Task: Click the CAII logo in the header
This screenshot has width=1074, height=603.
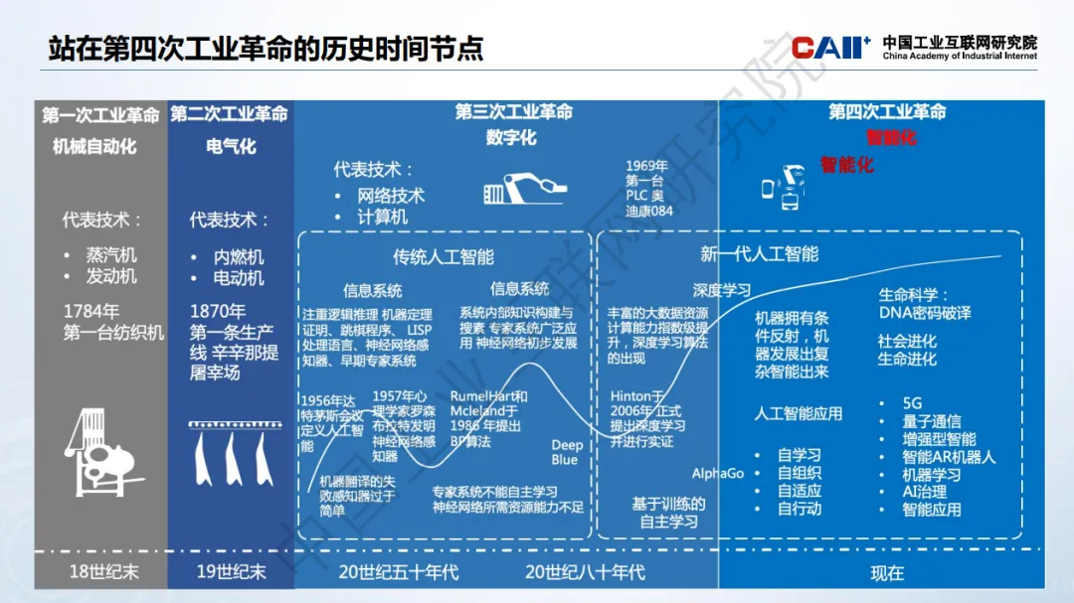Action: pyautogui.click(x=830, y=47)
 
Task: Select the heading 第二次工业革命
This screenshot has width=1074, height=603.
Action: pyautogui.click(x=229, y=114)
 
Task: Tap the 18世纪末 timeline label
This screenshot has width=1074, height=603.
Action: pyautogui.click(x=96, y=572)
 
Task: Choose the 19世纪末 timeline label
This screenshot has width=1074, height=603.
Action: pyautogui.click(x=229, y=572)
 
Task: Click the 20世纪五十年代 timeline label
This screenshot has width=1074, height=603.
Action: pyautogui.click(x=398, y=572)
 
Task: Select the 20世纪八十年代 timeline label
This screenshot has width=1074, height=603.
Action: pyautogui.click(x=585, y=572)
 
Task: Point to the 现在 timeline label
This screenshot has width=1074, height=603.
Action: pyautogui.click(x=887, y=573)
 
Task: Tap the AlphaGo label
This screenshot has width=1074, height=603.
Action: pyautogui.click(x=718, y=474)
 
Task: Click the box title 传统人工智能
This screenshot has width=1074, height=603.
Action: pyautogui.click(x=443, y=257)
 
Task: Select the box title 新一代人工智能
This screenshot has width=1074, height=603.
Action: pyautogui.click(x=759, y=254)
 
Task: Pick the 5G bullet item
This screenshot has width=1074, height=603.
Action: pyautogui.click(x=912, y=404)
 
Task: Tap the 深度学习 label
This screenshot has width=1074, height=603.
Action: pyautogui.click(x=722, y=290)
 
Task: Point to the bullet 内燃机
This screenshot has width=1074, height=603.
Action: pyautogui.click(x=239, y=256)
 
